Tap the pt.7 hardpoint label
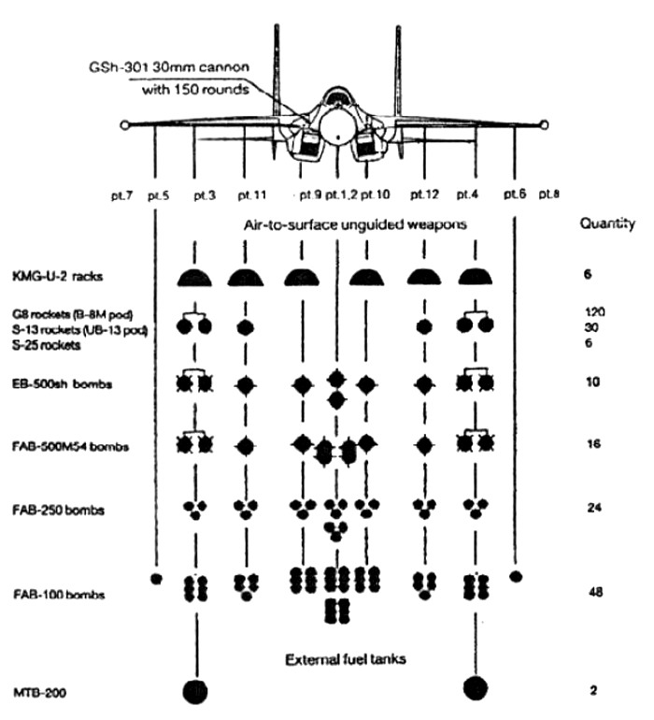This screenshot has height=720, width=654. pyautogui.click(x=122, y=195)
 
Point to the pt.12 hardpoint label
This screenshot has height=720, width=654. pyautogui.click(x=424, y=195)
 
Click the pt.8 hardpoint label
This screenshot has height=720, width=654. pyautogui.click(x=548, y=195)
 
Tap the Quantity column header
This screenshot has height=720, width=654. pyautogui.click(x=606, y=224)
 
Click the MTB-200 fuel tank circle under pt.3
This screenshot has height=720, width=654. pyautogui.click(x=195, y=691)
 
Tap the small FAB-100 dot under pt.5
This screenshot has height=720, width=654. pyautogui.click(x=155, y=577)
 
